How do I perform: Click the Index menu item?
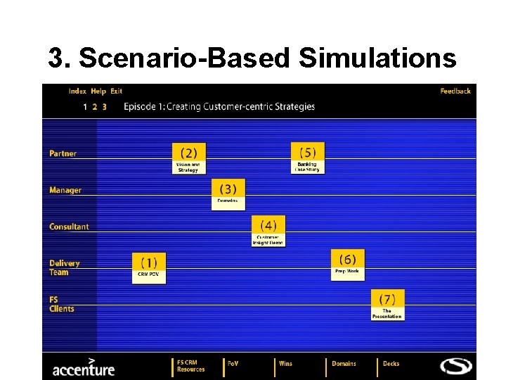[x=77, y=91]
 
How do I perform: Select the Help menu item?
[x=98, y=91]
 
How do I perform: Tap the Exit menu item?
[x=116, y=91]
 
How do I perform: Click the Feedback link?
[x=455, y=91]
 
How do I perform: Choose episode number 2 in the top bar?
[x=95, y=107]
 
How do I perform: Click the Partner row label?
[x=63, y=153]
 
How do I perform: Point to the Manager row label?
[x=65, y=190]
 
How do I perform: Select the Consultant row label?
[x=69, y=227]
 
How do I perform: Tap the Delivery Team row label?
[x=64, y=267]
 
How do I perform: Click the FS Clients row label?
[x=61, y=304]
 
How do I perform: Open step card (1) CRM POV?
[x=149, y=268]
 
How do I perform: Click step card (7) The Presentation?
[x=387, y=305]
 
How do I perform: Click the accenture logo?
[x=83, y=367]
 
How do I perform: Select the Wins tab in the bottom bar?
[x=285, y=364]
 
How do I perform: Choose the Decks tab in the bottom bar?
[x=391, y=364]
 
